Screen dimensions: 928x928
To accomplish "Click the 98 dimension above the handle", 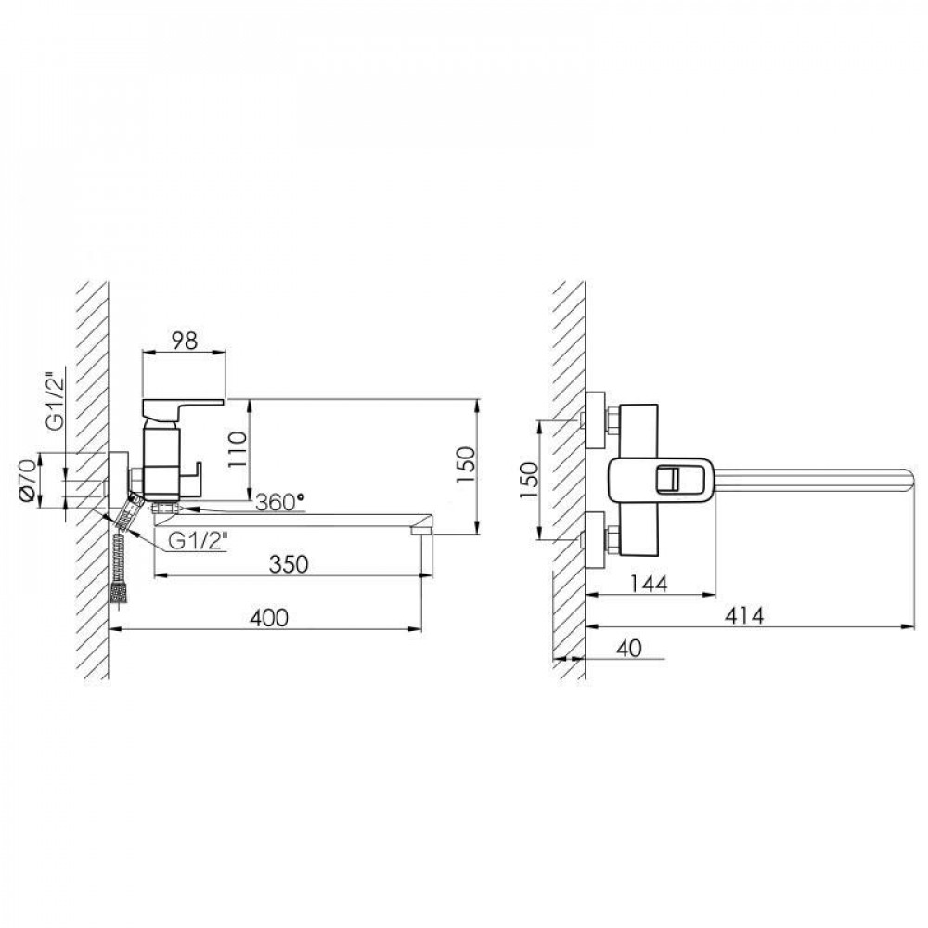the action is (184, 341).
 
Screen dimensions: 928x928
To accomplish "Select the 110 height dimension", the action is (238, 449).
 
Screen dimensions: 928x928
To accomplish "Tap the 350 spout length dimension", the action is (289, 564).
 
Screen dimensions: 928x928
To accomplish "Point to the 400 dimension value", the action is (269, 618).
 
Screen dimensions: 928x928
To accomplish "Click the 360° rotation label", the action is (280, 502).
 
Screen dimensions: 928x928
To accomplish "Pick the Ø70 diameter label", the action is (29, 480).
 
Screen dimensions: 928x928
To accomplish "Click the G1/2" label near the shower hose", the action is (199, 540).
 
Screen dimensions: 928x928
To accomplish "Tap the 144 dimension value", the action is (648, 584).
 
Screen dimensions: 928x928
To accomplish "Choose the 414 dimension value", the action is (744, 616).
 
